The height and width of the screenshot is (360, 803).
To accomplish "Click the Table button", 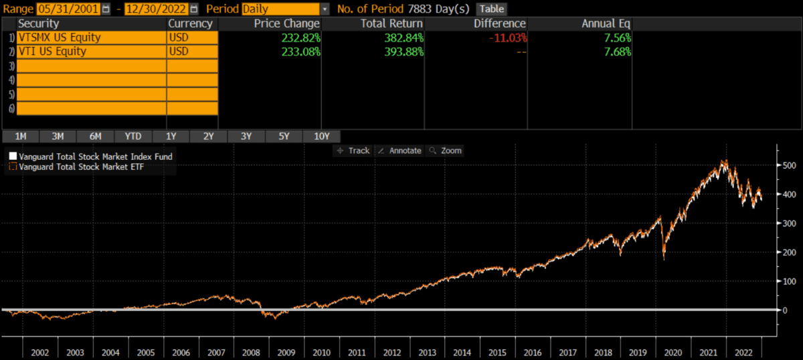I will [x=491, y=9].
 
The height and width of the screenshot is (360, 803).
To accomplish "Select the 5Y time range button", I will [x=284, y=136].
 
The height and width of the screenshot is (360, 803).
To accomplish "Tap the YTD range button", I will [x=133, y=136].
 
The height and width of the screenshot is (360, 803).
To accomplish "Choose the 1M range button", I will [x=21, y=136].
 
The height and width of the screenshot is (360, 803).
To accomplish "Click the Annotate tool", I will [x=399, y=151].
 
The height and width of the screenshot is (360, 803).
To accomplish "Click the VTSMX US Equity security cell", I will [x=91, y=37].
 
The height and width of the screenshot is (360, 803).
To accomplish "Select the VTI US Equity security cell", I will [x=91, y=52].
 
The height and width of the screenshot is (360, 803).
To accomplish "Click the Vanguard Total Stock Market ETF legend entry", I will [x=90, y=167].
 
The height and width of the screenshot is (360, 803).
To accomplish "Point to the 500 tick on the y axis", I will [x=789, y=165].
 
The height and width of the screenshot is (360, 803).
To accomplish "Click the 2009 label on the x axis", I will [x=286, y=351].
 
